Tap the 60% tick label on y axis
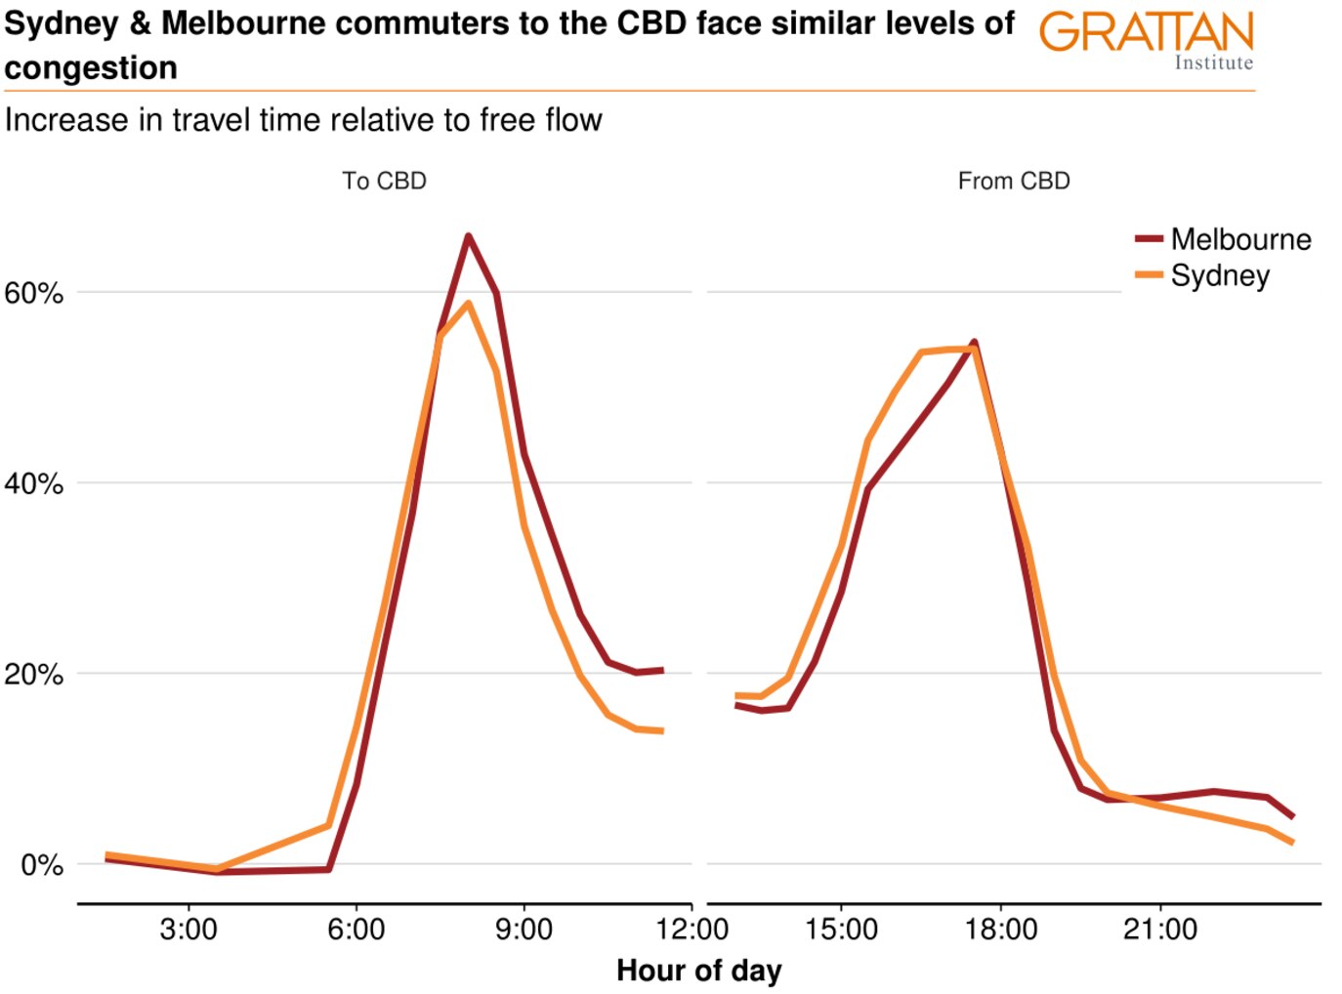click(x=34, y=293)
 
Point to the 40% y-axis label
click(x=34, y=483)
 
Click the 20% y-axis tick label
click(x=34, y=674)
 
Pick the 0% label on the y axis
click(x=42, y=864)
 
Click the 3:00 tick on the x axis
click(x=189, y=929)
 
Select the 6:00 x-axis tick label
click(x=356, y=929)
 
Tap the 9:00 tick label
click(x=524, y=929)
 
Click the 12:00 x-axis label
click(x=692, y=929)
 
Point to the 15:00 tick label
click(x=841, y=929)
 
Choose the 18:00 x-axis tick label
click(x=1001, y=929)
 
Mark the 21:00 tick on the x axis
click(x=1160, y=929)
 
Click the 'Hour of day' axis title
click(x=698, y=971)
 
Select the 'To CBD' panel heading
click(x=384, y=182)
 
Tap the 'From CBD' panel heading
click(x=1014, y=182)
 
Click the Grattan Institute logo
click(x=1147, y=40)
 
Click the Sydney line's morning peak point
click(x=468, y=303)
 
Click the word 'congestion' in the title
click(x=91, y=68)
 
